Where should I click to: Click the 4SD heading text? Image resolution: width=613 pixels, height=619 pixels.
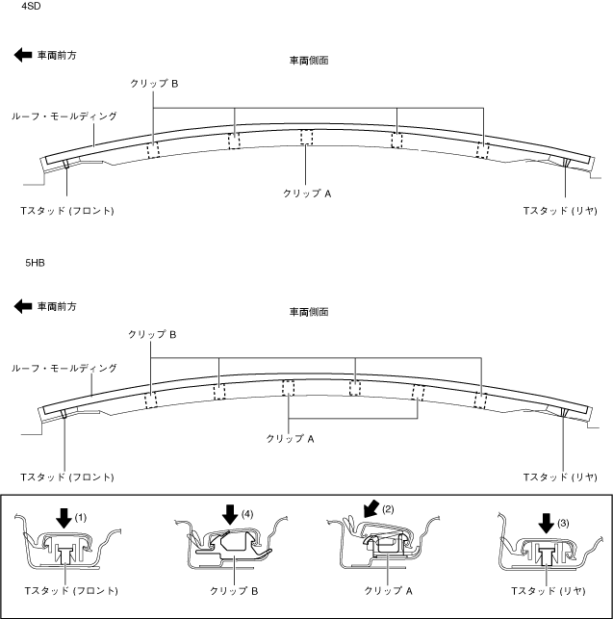(31, 7)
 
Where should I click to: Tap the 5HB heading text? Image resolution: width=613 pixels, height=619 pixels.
(35, 263)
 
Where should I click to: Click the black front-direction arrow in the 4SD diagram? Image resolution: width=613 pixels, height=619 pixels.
(23, 55)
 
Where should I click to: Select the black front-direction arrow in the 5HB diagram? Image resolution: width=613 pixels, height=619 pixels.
(23, 306)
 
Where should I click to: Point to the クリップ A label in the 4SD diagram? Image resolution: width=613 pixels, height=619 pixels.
(307, 193)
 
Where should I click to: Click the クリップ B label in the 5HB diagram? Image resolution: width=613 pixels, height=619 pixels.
(152, 335)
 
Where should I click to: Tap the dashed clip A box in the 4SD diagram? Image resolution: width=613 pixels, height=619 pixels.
(306, 138)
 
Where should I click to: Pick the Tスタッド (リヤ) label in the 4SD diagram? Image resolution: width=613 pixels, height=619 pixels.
(560, 211)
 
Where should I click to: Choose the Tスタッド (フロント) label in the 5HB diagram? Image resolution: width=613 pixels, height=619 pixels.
(67, 477)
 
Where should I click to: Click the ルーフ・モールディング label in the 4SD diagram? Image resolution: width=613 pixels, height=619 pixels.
(64, 116)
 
